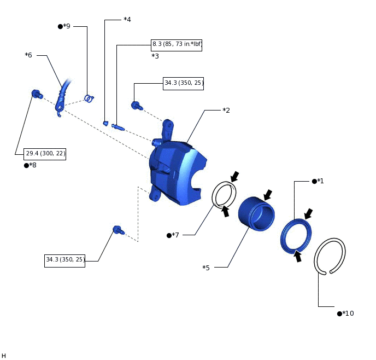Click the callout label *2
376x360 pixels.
(226, 111)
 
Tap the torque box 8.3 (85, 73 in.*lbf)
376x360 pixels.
(177, 44)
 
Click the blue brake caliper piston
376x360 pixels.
(256, 213)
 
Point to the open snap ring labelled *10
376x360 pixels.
(330, 256)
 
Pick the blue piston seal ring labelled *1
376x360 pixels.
(296, 236)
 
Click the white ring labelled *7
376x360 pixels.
(224, 195)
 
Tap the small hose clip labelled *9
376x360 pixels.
(89, 98)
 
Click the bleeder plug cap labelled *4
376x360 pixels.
(105, 123)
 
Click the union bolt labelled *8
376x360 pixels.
(37, 94)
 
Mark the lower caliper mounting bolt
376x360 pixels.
(117, 230)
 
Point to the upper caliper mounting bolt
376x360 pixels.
(136, 105)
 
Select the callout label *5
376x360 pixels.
(206, 268)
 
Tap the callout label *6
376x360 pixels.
(28, 55)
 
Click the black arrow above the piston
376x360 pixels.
(268, 195)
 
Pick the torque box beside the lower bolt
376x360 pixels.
(64, 260)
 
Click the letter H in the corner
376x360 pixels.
(4, 356)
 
